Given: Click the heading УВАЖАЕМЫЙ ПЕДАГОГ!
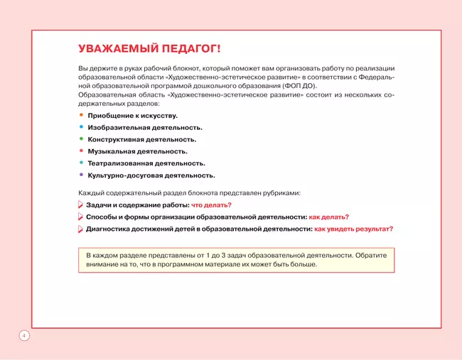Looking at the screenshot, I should [x=149, y=49].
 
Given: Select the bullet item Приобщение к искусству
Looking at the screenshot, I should [x=132, y=115].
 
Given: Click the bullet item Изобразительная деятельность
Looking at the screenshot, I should [x=145, y=127].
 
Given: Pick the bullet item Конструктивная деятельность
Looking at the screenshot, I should [x=141, y=139].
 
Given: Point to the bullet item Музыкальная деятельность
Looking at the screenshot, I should [x=137, y=151].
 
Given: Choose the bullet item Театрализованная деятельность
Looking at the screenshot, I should [x=146, y=163].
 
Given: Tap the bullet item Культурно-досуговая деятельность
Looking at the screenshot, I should [x=151, y=175].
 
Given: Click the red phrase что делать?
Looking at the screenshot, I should [x=211, y=205].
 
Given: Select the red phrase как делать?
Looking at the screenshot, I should [x=328, y=217].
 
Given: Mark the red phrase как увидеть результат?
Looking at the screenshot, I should [x=353, y=229].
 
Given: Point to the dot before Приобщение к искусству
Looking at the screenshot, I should [x=81, y=115].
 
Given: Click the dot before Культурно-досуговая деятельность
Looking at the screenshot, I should [x=81, y=175].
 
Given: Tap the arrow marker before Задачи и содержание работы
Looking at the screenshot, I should [x=80, y=205].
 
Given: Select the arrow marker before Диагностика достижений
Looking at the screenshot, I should [x=80, y=229].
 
